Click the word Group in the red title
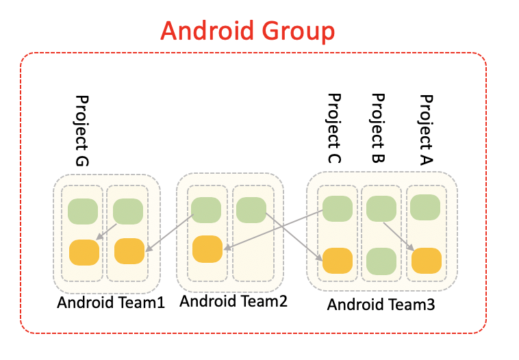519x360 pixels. pyautogui.click(x=297, y=31)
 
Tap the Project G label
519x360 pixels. pyautogui.click(x=82, y=131)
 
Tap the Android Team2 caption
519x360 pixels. pyautogui.click(x=233, y=300)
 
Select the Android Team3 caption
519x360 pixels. pyautogui.click(x=381, y=304)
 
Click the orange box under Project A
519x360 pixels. pyautogui.click(x=426, y=261)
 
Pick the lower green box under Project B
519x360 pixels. pyautogui.click(x=381, y=261)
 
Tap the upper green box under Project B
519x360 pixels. pyautogui.click(x=381, y=209)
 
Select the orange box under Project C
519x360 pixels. pyautogui.click(x=338, y=261)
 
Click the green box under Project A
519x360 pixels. pyautogui.click(x=426, y=207)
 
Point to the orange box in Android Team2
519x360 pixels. pyautogui.click(x=207, y=248)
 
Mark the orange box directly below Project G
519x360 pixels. pyautogui.click(x=84, y=253)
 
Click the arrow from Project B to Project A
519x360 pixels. pyautogui.click(x=398, y=236)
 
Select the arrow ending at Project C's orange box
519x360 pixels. pyautogui.click(x=294, y=234)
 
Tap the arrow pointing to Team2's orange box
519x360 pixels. pyautogui.click(x=274, y=231)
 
